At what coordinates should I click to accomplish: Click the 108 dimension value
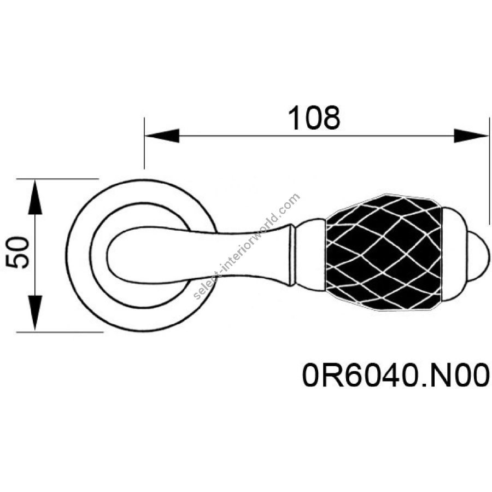(x=313, y=118)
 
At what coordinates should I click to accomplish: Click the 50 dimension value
(x=17, y=253)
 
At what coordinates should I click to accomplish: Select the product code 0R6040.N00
(x=396, y=375)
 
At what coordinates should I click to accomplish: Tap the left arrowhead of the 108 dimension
(x=162, y=136)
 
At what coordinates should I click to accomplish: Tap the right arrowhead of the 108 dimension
(x=471, y=136)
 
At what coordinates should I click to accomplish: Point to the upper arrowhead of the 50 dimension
(x=35, y=197)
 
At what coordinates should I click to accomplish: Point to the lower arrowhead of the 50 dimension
(x=35, y=313)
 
